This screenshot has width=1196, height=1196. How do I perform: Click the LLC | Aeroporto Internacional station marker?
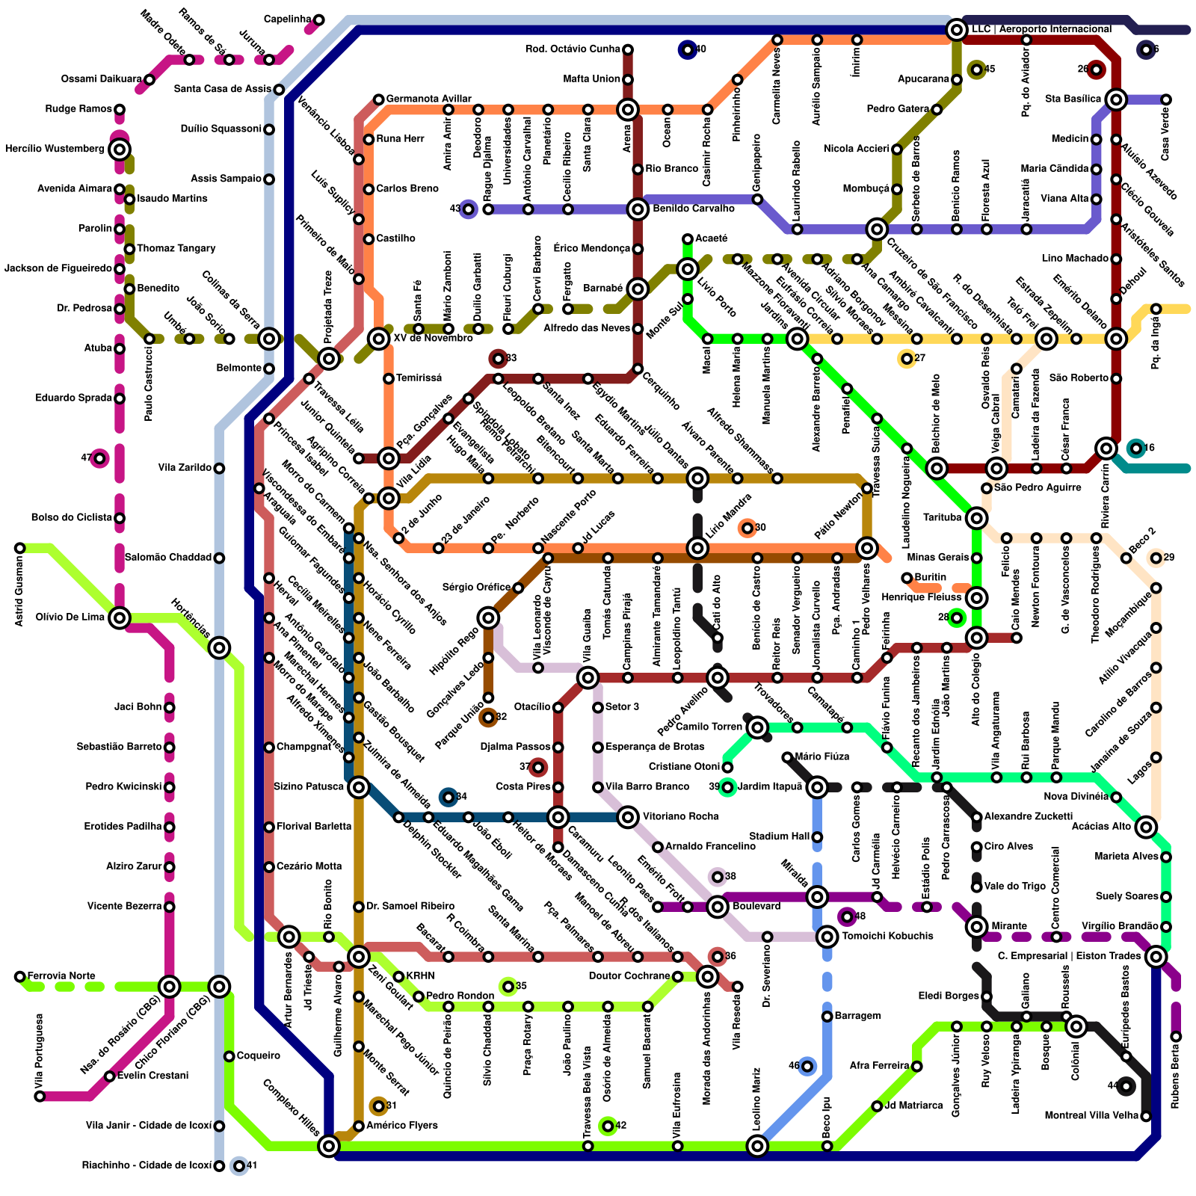[x=956, y=30]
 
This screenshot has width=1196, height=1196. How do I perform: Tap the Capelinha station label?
[x=288, y=19]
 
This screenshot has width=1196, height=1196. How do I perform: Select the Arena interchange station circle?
[x=628, y=110]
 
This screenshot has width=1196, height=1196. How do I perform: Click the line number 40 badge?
[x=687, y=50]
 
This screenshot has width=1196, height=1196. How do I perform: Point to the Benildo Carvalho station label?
[x=693, y=209]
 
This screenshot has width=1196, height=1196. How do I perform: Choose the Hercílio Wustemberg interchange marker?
[x=120, y=149]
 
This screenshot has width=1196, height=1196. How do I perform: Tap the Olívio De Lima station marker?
[x=120, y=617]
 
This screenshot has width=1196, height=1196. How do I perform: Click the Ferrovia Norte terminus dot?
[x=20, y=976]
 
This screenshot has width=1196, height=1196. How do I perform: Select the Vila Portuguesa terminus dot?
[x=40, y=1096]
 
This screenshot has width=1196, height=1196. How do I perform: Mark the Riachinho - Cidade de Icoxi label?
[x=147, y=1165]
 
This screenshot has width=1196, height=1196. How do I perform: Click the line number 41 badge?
[x=239, y=1165]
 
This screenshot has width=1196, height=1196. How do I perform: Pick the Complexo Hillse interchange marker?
[x=329, y=1145]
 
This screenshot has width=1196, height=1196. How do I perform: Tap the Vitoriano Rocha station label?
[x=680, y=816]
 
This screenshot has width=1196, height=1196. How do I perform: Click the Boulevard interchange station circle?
[x=718, y=907]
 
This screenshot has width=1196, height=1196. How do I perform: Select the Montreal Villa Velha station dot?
[x=1146, y=1116]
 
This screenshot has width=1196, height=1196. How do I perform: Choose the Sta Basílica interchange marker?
[x=1116, y=99]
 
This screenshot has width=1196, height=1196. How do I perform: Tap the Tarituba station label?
[x=942, y=517]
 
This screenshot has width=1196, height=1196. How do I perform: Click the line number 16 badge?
[x=1136, y=449]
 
